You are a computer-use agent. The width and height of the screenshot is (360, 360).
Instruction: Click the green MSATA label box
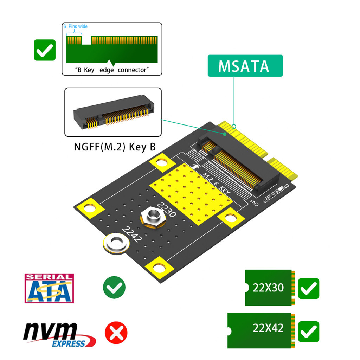[245, 66]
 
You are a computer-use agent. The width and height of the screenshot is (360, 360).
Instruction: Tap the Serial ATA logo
[49, 288]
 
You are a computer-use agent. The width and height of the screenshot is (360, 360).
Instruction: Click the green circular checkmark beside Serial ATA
[114, 288]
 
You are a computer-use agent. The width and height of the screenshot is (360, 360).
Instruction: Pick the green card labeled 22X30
[269, 288]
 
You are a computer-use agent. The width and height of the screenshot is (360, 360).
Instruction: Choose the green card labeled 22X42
[261, 330]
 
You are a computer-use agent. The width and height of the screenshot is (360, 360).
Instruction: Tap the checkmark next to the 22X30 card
[308, 289]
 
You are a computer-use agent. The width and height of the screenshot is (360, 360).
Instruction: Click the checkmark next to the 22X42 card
[308, 332]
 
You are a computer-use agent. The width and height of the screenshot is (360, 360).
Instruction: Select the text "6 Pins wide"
[75, 27]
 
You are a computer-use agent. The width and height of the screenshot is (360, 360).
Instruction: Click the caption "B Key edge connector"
[112, 70]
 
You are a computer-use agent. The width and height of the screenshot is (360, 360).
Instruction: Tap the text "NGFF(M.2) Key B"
[115, 146]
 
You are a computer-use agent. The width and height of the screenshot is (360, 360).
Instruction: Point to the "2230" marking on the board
[166, 210]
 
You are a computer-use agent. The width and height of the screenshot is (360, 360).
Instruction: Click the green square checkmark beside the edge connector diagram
[45, 50]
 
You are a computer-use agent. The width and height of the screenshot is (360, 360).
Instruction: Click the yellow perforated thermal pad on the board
[192, 195]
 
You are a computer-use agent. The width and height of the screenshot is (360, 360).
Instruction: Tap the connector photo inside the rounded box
[113, 112]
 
